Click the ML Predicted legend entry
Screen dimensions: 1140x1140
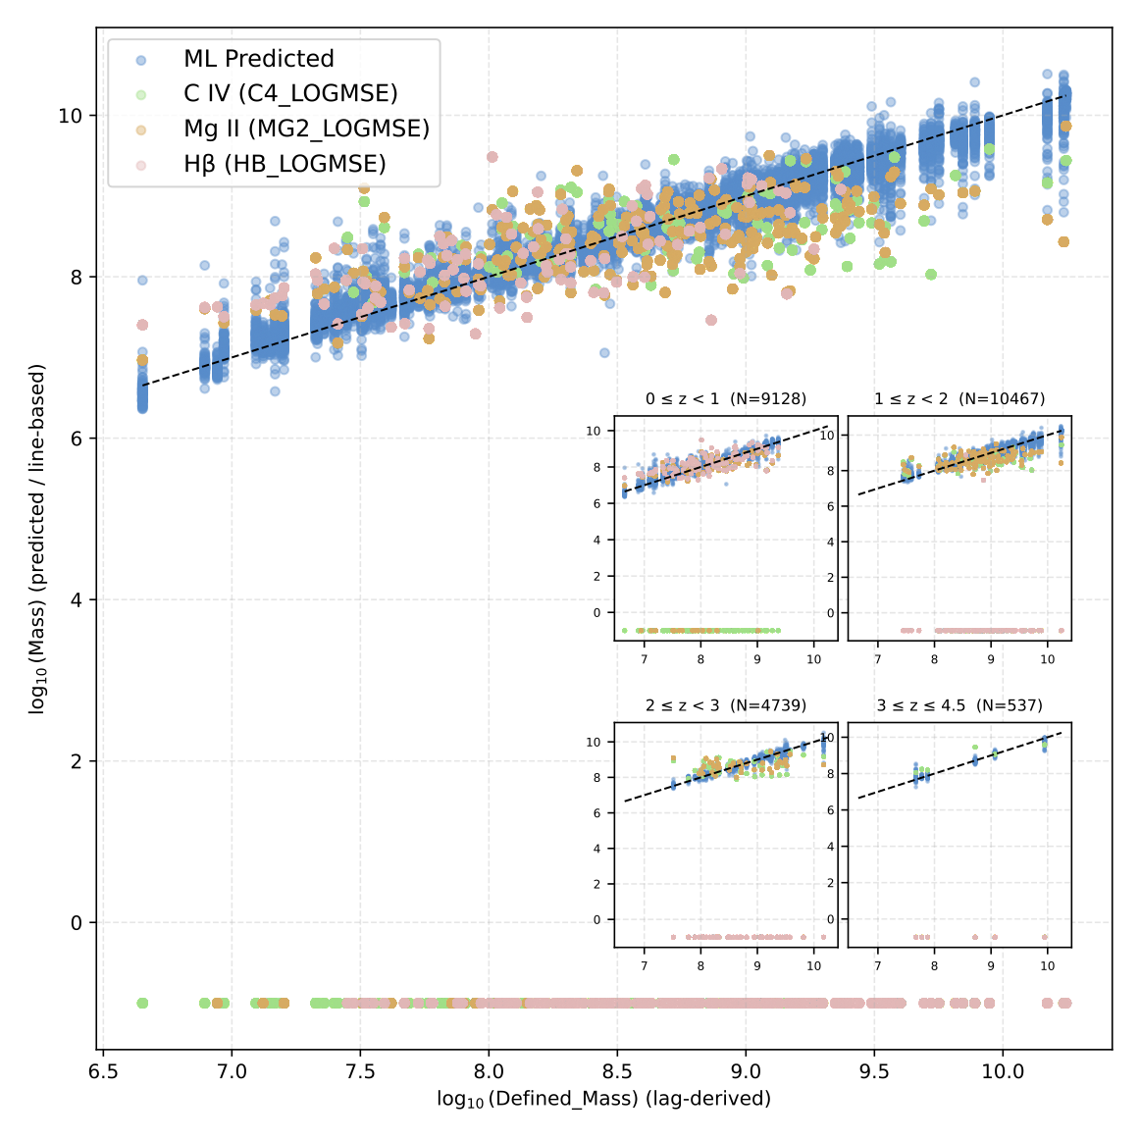[x=259, y=59]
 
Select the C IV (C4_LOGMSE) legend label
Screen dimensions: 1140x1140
[x=290, y=94]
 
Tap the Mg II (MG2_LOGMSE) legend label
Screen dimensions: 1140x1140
[x=306, y=129]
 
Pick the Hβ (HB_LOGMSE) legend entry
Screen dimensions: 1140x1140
[x=285, y=164]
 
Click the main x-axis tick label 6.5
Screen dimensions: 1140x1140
[x=103, y=1070]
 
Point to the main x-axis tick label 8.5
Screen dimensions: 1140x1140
[x=617, y=1070]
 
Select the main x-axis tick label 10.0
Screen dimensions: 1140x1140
[x=1003, y=1070]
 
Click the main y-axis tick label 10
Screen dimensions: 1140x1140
[x=71, y=116]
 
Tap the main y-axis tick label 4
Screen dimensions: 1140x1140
[x=78, y=600]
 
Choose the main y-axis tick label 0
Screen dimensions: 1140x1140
[x=78, y=923]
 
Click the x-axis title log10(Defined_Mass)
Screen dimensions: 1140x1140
[x=604, y=1099]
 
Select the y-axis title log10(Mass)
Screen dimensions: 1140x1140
[x=37, y=539]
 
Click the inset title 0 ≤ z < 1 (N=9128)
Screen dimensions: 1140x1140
[x=726, y=399]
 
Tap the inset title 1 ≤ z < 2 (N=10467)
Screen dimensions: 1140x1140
[x=959, y=399]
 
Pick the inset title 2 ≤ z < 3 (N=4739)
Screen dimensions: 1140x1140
[x=726, y=705]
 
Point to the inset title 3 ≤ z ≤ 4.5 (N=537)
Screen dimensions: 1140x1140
[x=959, y=705]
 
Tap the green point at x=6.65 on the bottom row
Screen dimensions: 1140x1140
[x=142, y=1003]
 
